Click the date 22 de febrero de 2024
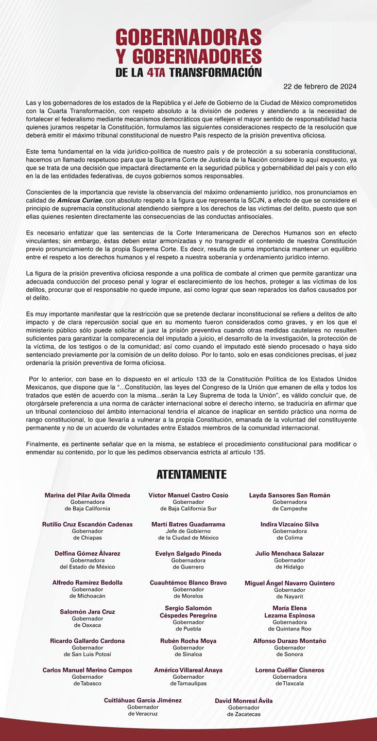click(320, 86)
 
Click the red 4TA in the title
click(156, 72)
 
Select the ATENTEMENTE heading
click(191, 474)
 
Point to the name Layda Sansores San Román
click(289, 495)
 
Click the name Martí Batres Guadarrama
click(188, 524)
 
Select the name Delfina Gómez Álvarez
click(88, 554)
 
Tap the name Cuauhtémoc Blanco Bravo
click(188, 583)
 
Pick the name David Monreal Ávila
click(244, 701)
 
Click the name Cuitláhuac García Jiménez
click(143, 700)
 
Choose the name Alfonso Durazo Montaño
click(289, 641)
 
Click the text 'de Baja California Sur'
click(188, 508)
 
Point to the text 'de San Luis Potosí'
click(88, 655)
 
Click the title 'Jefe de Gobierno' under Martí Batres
click(188, 531)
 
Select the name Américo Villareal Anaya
click(188, 671)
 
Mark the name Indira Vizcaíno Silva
click(289, 524)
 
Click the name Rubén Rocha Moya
click(188, 641)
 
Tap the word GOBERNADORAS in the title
click(188, 38)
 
